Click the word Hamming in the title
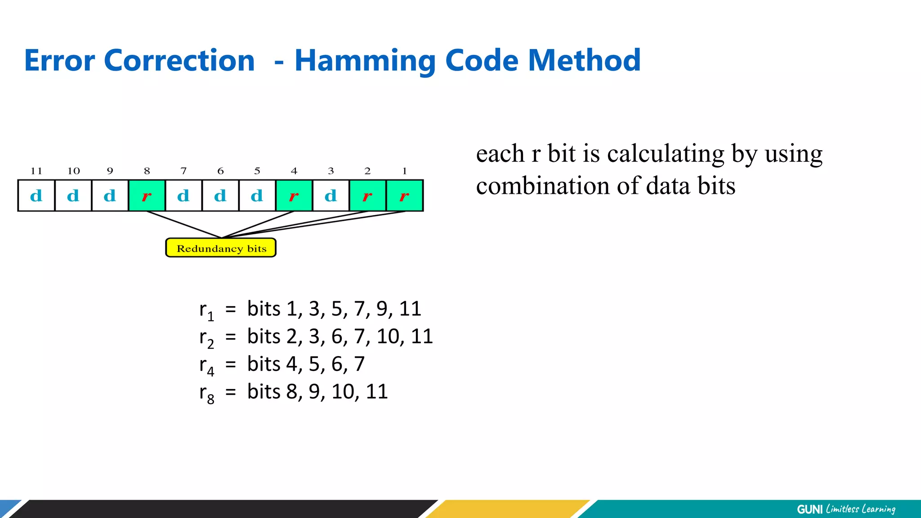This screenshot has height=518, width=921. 365,61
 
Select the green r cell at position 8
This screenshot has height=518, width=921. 147,196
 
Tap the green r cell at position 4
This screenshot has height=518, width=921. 294,196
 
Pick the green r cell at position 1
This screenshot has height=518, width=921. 404,196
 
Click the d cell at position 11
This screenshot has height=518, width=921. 36,196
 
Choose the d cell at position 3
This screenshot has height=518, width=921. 331,196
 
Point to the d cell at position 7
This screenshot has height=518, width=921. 183,196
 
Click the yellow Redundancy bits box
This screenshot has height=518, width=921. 221,248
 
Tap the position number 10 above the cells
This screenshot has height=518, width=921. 73,171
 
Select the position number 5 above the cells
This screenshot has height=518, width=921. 257,171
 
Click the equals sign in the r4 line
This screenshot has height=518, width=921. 231,365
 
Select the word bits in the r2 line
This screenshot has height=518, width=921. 264,336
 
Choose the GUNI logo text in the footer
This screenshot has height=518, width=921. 809,509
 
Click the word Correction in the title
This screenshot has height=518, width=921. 179,61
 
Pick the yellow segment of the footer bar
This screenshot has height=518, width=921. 508,509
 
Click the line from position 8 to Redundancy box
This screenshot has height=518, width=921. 184,224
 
